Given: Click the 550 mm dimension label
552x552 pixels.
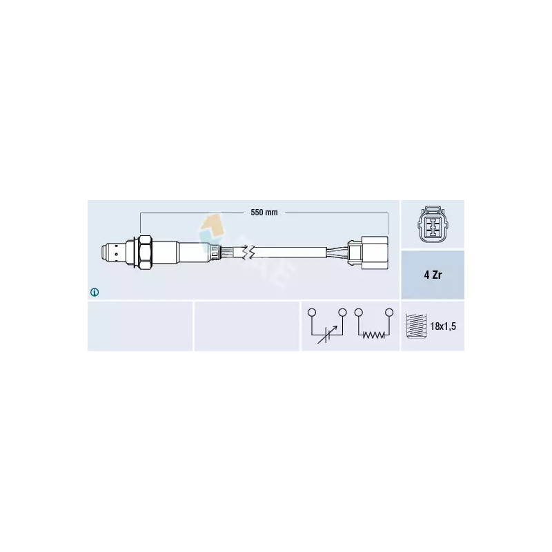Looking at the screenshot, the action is coord(264,213).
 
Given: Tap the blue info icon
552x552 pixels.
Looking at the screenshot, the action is coord(95,292).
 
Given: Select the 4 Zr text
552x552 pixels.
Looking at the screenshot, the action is coord(433,275).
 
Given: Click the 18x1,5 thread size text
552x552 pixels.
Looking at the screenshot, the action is coord(443,326).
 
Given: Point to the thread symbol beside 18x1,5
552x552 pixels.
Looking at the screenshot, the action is coord(416,326).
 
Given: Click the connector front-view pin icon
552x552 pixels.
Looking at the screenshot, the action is coord(433,225).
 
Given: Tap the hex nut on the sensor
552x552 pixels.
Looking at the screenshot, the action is coord(145,253).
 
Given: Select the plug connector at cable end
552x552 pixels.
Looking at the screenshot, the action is coord(368,253).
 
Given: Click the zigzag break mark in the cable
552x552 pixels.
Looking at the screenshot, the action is coord(250,253).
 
